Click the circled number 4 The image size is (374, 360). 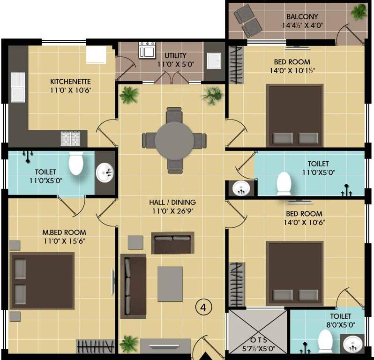pos(203,307)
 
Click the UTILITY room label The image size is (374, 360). pos(175,56)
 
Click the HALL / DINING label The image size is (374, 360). pos(172,202)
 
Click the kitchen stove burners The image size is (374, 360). pos(72,138)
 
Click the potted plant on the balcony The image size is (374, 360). pos(359,12)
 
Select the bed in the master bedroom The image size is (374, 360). pos(42,280)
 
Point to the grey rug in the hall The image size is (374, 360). pos(170,283)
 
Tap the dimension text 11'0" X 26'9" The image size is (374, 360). pos(172,211)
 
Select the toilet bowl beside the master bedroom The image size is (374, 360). pos(76,163)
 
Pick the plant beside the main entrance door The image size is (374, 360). pos(128,344)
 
